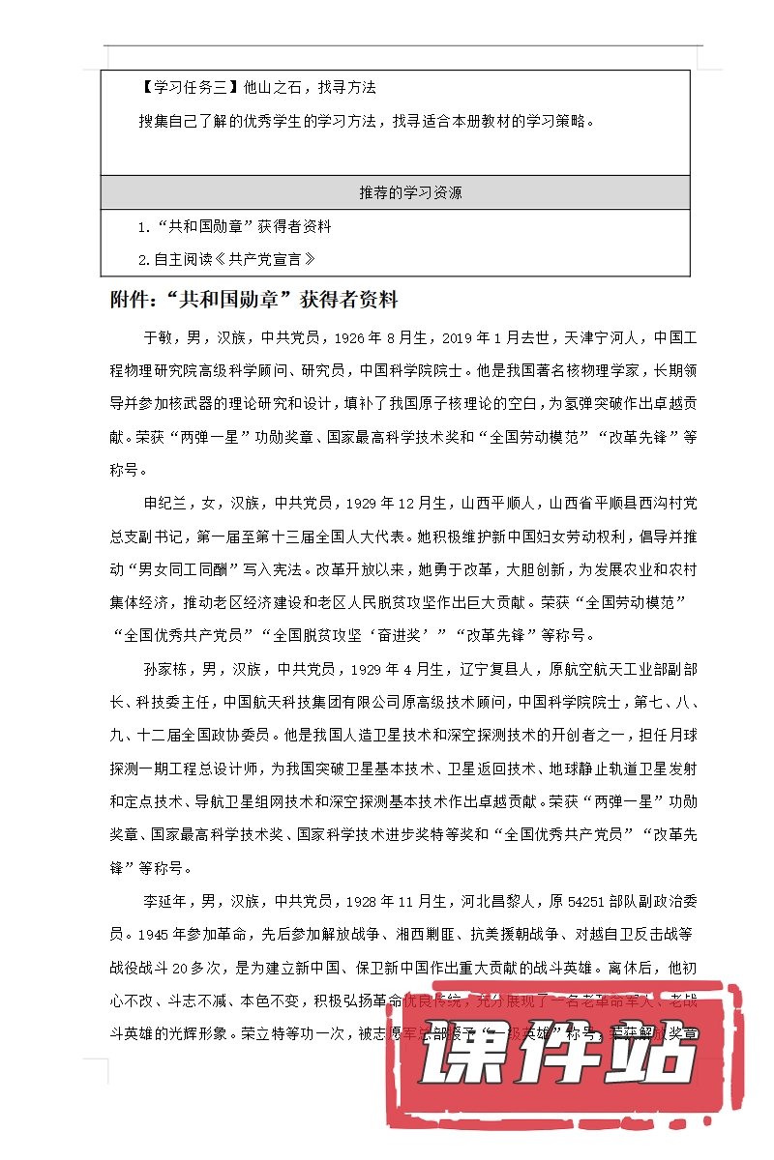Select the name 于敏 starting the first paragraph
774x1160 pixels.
click(159, 338)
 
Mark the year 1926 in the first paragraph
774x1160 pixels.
click(353, 338)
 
